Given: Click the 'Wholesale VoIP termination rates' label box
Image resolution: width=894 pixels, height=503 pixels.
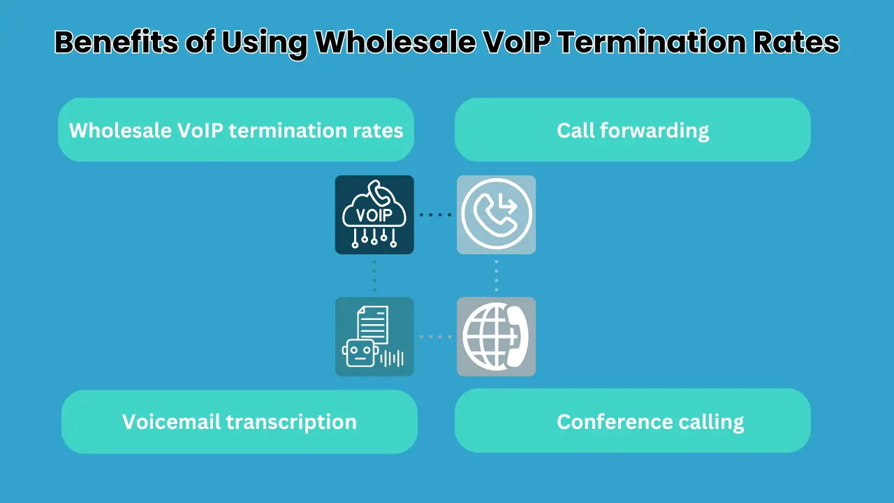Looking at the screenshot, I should tap(236, 130).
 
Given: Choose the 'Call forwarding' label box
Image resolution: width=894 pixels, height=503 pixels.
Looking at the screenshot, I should tap(633, 130).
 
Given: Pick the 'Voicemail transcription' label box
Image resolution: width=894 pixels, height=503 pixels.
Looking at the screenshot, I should tap(240, 421).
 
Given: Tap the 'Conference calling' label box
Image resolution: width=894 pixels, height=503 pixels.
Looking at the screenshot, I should tap(633, 421).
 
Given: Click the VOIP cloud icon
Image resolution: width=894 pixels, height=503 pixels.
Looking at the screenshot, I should tap(374, 214).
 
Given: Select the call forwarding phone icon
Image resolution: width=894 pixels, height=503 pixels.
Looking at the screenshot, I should tap(496, 214).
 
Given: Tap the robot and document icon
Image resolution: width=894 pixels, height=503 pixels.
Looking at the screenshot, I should tap(374, 337).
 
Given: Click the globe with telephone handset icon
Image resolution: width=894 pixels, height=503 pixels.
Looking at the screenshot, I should tap(496, 337).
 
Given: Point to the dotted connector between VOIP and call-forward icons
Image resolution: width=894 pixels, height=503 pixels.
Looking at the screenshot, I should tap(435, 214).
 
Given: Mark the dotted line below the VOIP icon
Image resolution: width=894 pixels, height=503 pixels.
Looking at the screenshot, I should tap(374, 275).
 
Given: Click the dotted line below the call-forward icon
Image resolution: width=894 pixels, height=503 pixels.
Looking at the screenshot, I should tap(496, 275).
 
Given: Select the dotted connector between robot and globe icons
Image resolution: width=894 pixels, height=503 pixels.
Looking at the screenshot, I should tap(435, 337).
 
